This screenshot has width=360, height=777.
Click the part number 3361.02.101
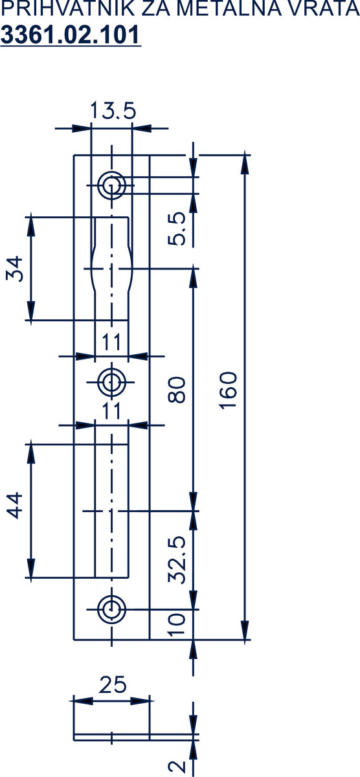click(x=71, y=35)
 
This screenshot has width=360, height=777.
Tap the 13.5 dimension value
click(x=113, y=111)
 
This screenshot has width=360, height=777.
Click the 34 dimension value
click(x=14, y=269)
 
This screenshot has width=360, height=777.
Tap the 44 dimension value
click(x=14, y=505)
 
